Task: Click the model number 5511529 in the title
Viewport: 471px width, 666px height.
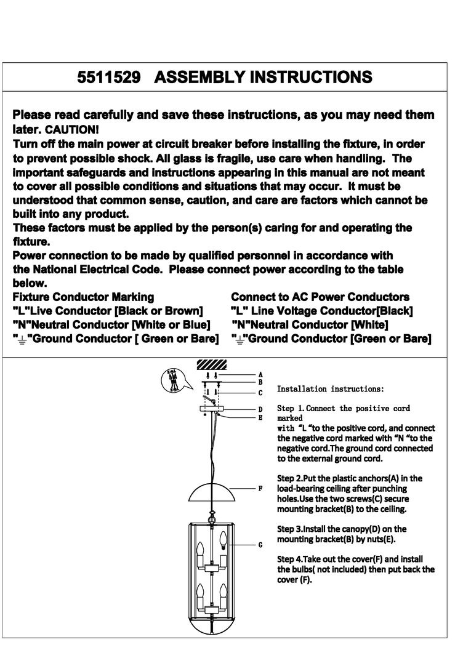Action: pos(109,78)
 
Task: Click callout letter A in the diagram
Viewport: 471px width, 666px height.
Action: pos(260,374)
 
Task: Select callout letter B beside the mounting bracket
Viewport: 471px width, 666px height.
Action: pos(260,382)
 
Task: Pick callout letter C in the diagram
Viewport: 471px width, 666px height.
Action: pos(260,392)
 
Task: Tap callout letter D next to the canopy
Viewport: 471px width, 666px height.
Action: pos(260,409)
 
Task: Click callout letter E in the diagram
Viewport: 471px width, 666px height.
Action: pos(260,417)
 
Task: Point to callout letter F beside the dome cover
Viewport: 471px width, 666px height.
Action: pos(260,488)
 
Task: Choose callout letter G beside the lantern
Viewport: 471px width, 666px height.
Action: pos(260,545)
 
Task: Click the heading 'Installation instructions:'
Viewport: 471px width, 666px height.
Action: pos(331,389)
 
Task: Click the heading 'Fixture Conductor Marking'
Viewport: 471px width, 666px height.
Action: pos(84,297)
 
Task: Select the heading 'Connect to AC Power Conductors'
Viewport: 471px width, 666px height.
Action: pos(320,297)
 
